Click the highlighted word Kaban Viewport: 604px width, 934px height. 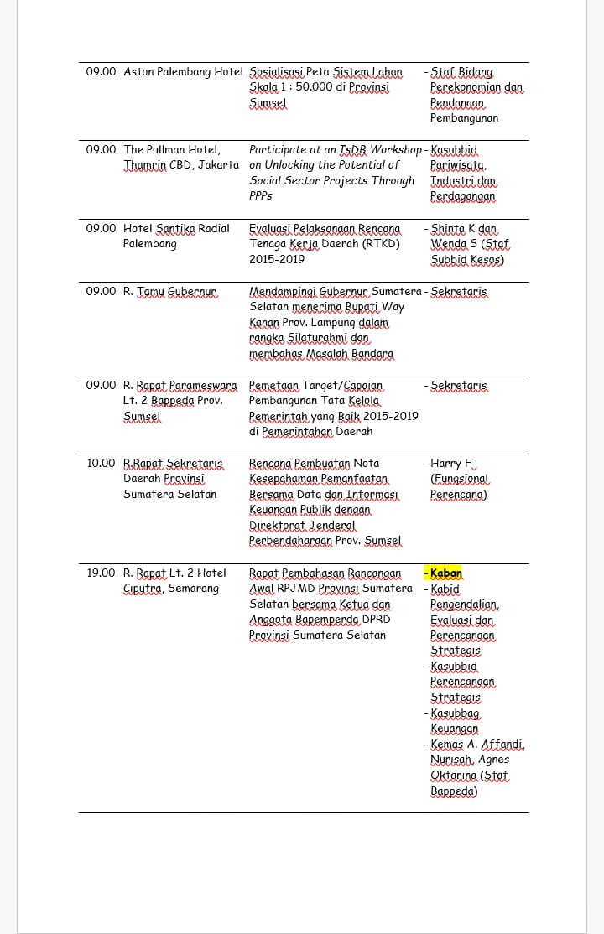(x=446, y=573)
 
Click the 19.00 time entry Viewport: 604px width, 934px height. (x=101, y=573)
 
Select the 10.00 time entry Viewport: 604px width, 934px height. (x=101, y=464)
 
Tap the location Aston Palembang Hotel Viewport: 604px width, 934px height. (x=183, y=72)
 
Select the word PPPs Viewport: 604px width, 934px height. (x=261, y=196)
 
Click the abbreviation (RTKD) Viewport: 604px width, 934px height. (x=381, y=244)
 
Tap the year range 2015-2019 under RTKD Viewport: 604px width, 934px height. (x=277, y=260)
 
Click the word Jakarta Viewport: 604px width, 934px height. (x=219, y=165)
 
